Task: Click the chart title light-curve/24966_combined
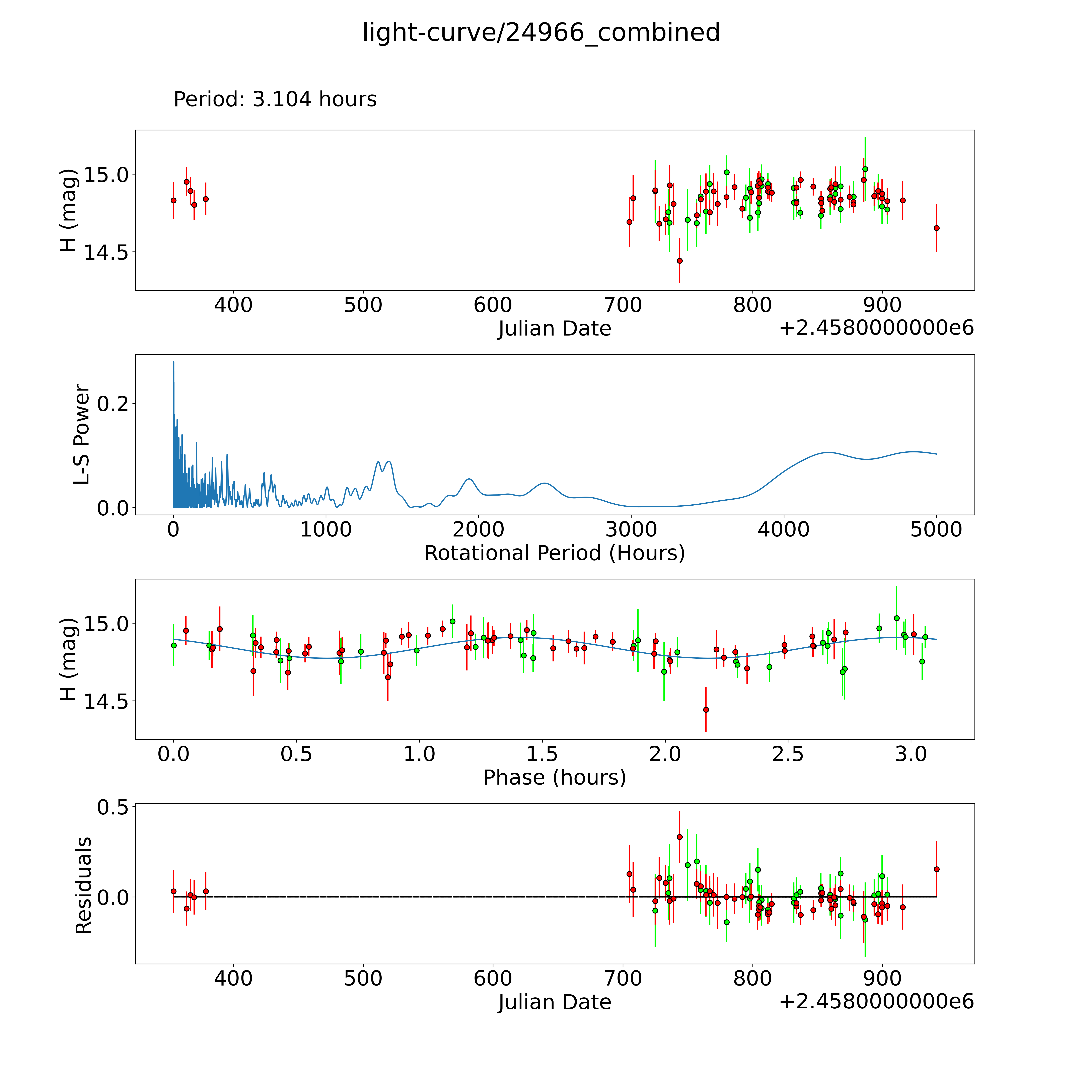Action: tap(541, 32)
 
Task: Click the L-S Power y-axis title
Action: tap(82, 434)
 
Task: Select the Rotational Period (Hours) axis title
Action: tap(554, 553)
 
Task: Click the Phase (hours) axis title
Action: tap(554, 778)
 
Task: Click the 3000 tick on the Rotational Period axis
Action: tap(631, 529)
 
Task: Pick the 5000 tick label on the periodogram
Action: tap(936, 529)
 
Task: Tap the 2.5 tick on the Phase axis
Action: tap(788, 754)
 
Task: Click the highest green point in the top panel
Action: tap(865, 169)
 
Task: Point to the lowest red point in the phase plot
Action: tap(706, 710)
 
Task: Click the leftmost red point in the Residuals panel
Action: tap(173, 891)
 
